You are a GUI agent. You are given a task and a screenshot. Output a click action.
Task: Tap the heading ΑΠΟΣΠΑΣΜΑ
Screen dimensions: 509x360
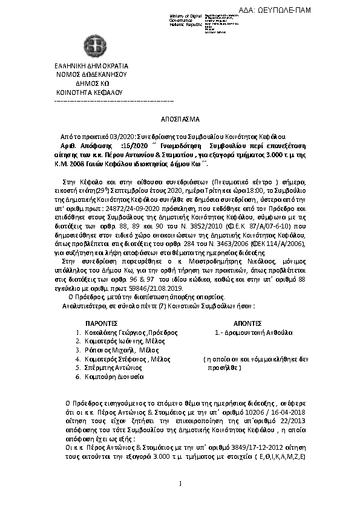tap(179, 120)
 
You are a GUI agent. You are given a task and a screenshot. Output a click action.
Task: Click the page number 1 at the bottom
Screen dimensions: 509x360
tap(180, 482)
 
